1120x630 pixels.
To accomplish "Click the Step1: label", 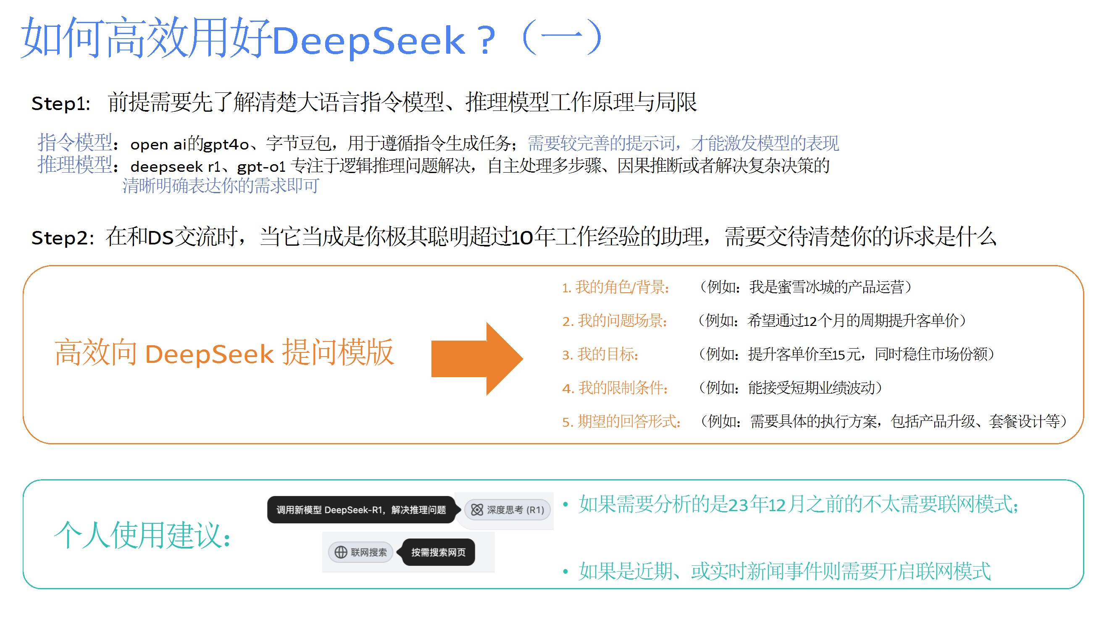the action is point(61,103).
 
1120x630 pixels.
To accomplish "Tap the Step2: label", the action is point(63,238).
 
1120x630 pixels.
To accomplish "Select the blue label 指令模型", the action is point(75,142).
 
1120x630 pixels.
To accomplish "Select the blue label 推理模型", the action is point(75,165).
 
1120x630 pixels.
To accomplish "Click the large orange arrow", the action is point(476,359).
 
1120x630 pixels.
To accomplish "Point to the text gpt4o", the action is point(226,144).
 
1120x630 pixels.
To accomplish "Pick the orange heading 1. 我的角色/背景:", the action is point(615,287).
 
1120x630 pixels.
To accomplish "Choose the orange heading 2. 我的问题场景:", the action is point(614,321).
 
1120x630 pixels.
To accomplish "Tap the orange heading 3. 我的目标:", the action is point(600,354).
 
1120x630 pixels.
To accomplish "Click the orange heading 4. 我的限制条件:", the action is point(615,388).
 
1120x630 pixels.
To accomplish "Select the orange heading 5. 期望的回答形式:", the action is point(621,421).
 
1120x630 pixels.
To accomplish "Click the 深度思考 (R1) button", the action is point(507,509).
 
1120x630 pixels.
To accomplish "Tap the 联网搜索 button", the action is point(360,552).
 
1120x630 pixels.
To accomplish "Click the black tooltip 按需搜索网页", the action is point(438,552).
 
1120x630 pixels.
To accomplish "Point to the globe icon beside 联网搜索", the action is point(340,552).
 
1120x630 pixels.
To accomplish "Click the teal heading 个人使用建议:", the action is point(142,535).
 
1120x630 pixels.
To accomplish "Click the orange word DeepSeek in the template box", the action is point(209,354).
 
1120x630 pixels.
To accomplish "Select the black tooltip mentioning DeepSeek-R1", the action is point(361,509).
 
